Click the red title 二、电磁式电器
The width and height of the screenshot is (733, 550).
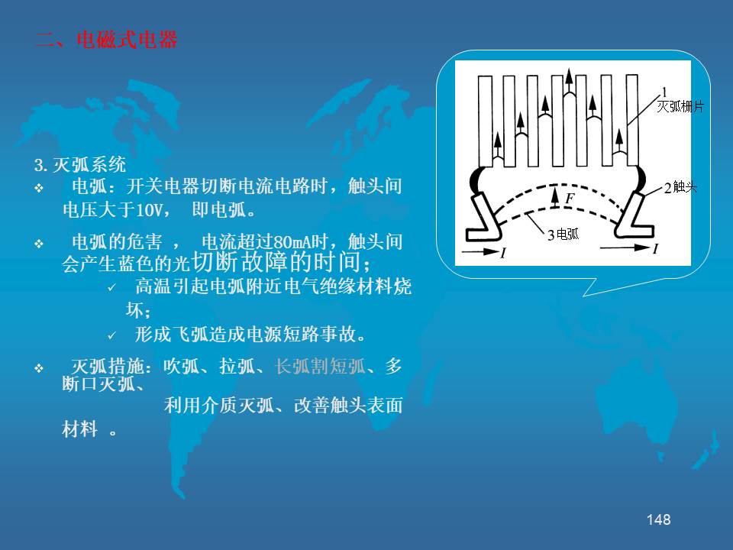click(107, 40)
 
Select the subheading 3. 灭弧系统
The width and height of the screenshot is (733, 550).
click(80, 165)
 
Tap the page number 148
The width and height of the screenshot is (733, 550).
click(658, 519)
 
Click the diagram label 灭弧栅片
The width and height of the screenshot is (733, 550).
click(680, 107)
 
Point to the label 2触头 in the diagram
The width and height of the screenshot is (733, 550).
click(680, 188)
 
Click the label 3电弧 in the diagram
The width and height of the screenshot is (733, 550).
click(563, 235)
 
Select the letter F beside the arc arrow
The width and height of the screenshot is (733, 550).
click(569, 199)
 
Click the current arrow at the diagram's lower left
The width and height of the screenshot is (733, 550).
click(480, 251)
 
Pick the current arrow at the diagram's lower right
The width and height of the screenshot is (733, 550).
click(625, 247)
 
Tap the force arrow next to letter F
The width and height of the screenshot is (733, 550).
click(555, 197)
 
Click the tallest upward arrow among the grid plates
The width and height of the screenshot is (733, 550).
click(569, 82)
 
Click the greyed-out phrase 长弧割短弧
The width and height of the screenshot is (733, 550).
click(320, 366)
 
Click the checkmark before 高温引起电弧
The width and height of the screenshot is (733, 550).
click(111, 287)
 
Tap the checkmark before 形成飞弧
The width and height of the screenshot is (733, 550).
click(111, 335)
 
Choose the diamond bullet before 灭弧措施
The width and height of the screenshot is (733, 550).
click(39, 368)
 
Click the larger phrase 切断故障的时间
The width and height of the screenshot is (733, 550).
click(280, 262)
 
